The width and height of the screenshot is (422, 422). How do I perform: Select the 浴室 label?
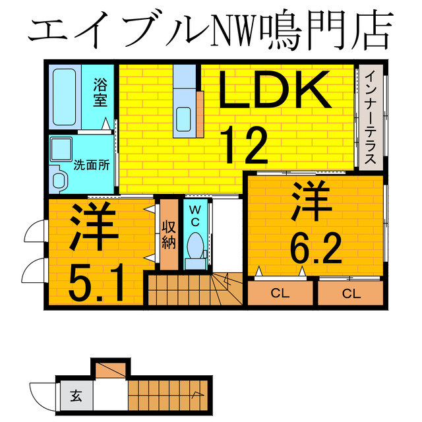100,92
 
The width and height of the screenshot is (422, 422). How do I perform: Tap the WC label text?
195,216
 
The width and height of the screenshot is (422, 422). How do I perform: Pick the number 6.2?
315,251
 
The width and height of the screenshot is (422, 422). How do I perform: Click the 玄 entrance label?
76,397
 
